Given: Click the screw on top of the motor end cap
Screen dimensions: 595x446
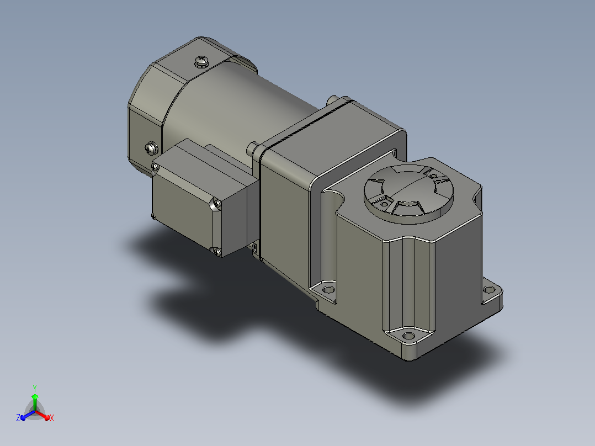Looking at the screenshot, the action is coord(201,61).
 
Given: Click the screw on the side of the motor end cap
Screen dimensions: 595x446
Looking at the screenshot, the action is coord(151,148).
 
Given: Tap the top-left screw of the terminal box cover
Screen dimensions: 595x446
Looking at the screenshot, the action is coord(155,167).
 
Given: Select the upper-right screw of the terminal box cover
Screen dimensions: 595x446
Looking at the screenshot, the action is coord(217,204).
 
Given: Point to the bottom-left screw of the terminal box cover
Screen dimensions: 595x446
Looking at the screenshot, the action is coord(153,217).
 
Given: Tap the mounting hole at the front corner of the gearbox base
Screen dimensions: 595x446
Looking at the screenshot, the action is coord(408,336).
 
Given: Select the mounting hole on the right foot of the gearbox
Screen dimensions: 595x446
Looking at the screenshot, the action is coord(489,290).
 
